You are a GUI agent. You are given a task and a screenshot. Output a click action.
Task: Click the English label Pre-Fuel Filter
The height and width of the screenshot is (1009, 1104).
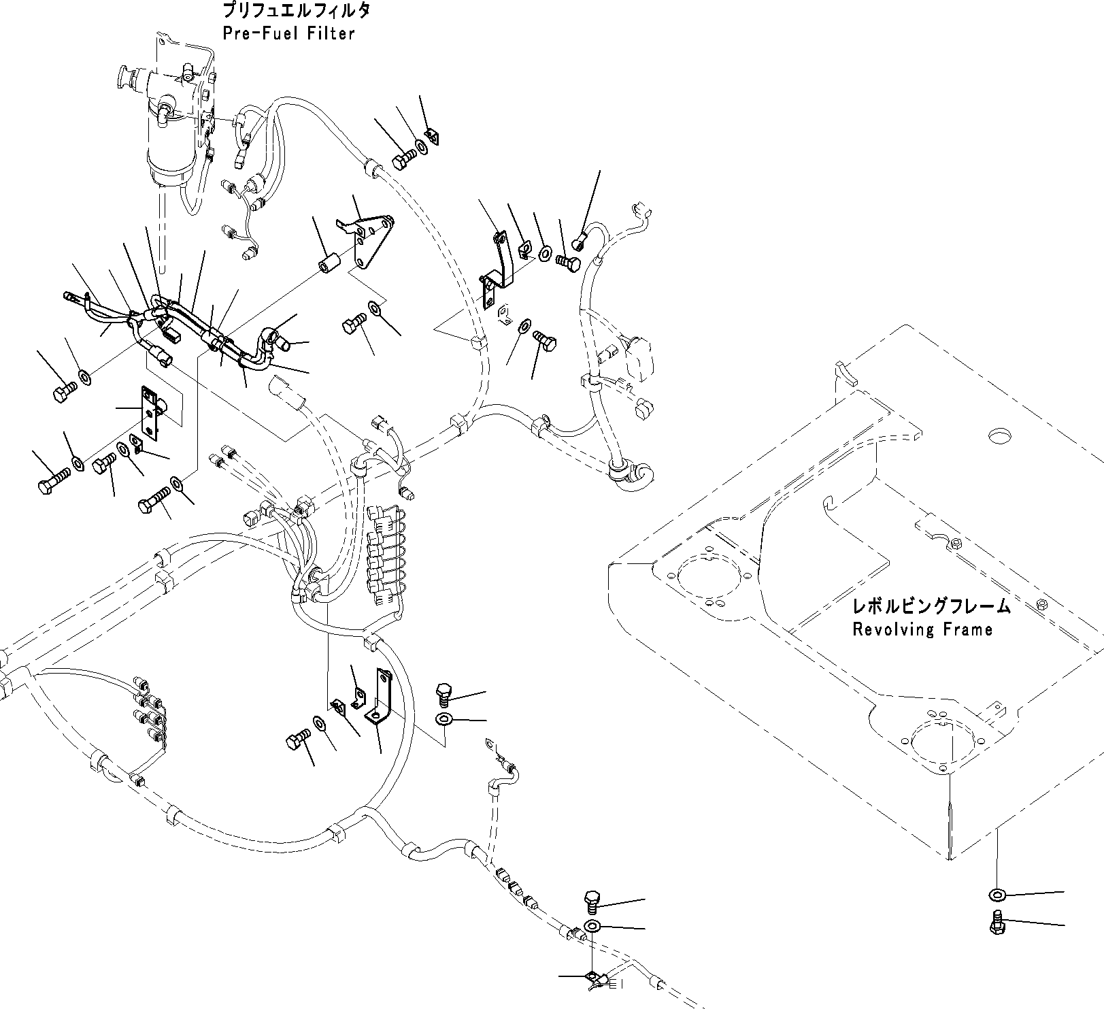coord(288,34)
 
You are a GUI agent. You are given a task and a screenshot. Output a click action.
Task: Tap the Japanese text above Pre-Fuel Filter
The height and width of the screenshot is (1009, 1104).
coord(295,12)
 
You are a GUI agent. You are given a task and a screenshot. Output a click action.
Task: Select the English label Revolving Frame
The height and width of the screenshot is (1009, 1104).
coord(922,629)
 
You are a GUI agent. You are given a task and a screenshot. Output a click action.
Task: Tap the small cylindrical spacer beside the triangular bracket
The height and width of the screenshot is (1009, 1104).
coord(331,264)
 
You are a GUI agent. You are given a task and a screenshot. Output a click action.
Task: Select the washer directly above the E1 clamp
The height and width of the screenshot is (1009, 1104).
coord(592,927)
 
